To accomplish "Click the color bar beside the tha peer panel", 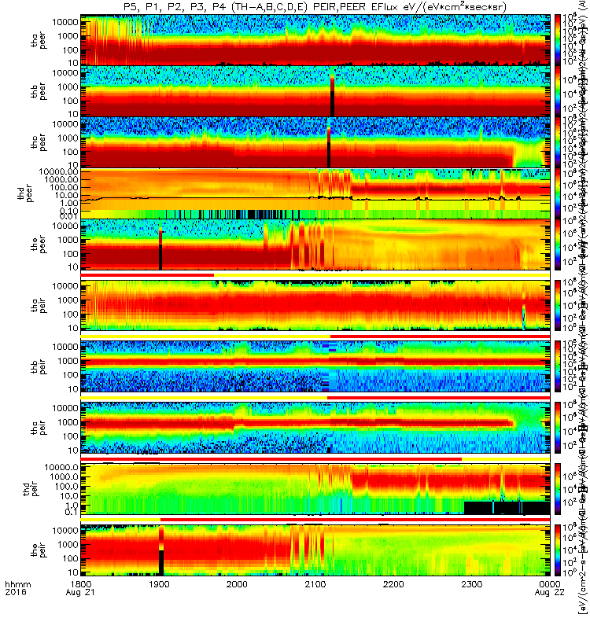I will tap(559, 39).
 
